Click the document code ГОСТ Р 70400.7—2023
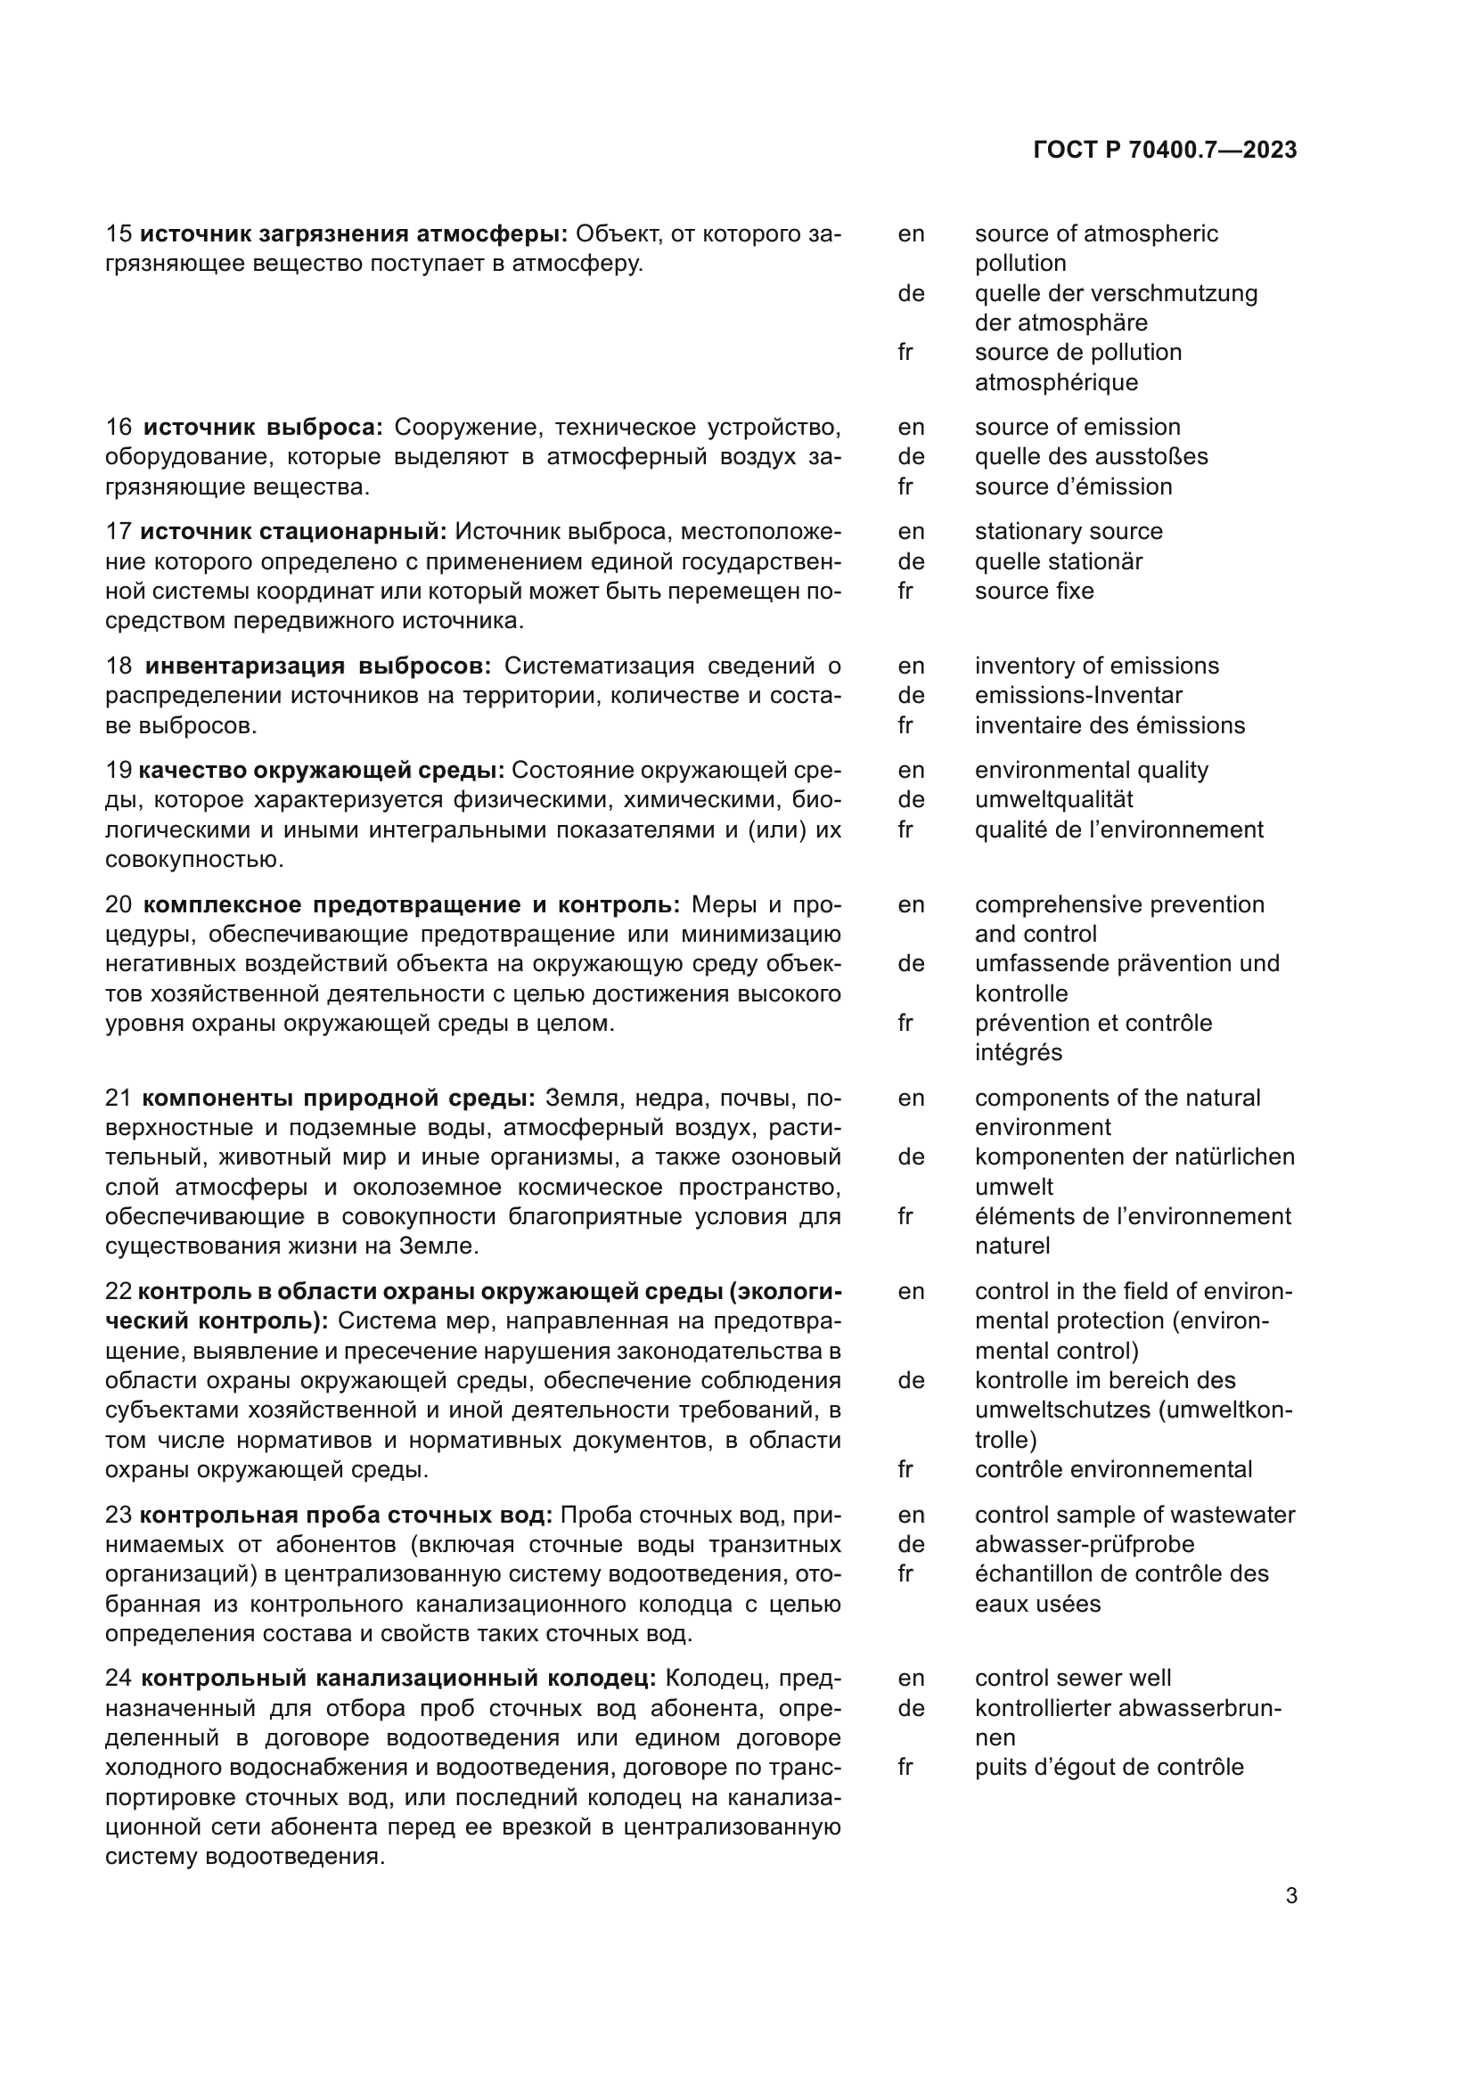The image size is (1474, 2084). pos(1165,151)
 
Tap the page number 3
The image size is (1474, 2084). pos(1290,1896)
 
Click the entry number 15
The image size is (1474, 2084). pos(119,234)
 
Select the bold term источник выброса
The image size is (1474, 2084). pos(263,428)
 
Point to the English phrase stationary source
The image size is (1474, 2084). pos(1069,532)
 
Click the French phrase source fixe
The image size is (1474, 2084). pos(1034,591)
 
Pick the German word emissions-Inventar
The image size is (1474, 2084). pos(1078,695)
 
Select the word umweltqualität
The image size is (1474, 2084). pos(1053,799)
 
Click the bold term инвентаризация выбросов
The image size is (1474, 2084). pos(317,666)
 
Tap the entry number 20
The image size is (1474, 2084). pos(119,905)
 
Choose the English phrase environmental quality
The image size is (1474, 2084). pos(1091,771)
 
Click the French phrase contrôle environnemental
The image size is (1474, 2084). pos(1113,1469)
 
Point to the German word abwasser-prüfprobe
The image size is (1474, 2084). pos(1084,1544)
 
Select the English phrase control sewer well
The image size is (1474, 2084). pos(1072,1679)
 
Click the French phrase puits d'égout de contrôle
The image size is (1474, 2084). pos(1109,1767)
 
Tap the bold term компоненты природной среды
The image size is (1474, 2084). pos(339,1099)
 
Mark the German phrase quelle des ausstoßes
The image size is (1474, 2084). pos(1091,456)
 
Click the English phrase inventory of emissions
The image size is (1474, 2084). pos(1096,666)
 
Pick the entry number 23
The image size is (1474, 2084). pos(119,1515)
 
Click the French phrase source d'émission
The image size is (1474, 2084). pos(1073,486)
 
